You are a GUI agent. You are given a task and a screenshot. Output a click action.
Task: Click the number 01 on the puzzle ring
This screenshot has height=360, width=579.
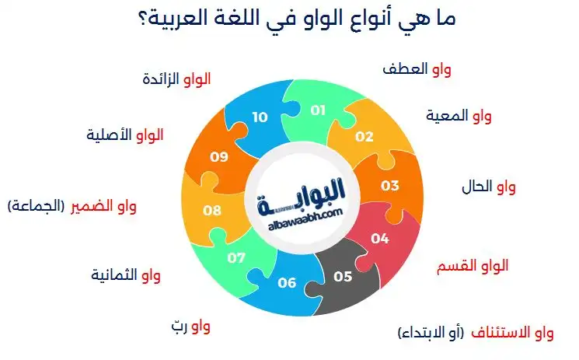click(318, 110)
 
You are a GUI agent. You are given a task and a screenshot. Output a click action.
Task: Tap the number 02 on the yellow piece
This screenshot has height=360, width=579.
click(364, 137)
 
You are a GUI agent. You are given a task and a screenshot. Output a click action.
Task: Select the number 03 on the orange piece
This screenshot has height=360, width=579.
click(389, 186)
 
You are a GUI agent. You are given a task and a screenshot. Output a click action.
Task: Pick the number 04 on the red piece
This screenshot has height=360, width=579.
click(380, 239)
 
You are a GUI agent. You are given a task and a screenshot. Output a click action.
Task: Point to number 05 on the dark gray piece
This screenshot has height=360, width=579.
click(342, 276)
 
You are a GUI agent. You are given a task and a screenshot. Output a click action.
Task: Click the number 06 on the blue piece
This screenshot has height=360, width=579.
click(287, 282)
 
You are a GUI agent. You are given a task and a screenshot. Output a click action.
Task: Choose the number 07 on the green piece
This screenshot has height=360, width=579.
click(236, 257)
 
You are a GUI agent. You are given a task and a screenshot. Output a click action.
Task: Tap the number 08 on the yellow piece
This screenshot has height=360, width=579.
click(212, 210)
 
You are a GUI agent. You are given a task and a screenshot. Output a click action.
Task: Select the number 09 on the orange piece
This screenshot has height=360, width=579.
click(219, 156)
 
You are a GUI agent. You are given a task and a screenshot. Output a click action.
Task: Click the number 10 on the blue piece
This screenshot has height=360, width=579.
click(260, 117)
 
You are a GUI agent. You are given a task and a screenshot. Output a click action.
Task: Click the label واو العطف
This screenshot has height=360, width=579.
click(417, 69)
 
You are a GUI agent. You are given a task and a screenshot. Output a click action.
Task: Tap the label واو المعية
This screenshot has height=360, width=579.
click(459, 117)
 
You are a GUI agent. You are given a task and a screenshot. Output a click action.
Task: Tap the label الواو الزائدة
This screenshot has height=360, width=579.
click(177, 79)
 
